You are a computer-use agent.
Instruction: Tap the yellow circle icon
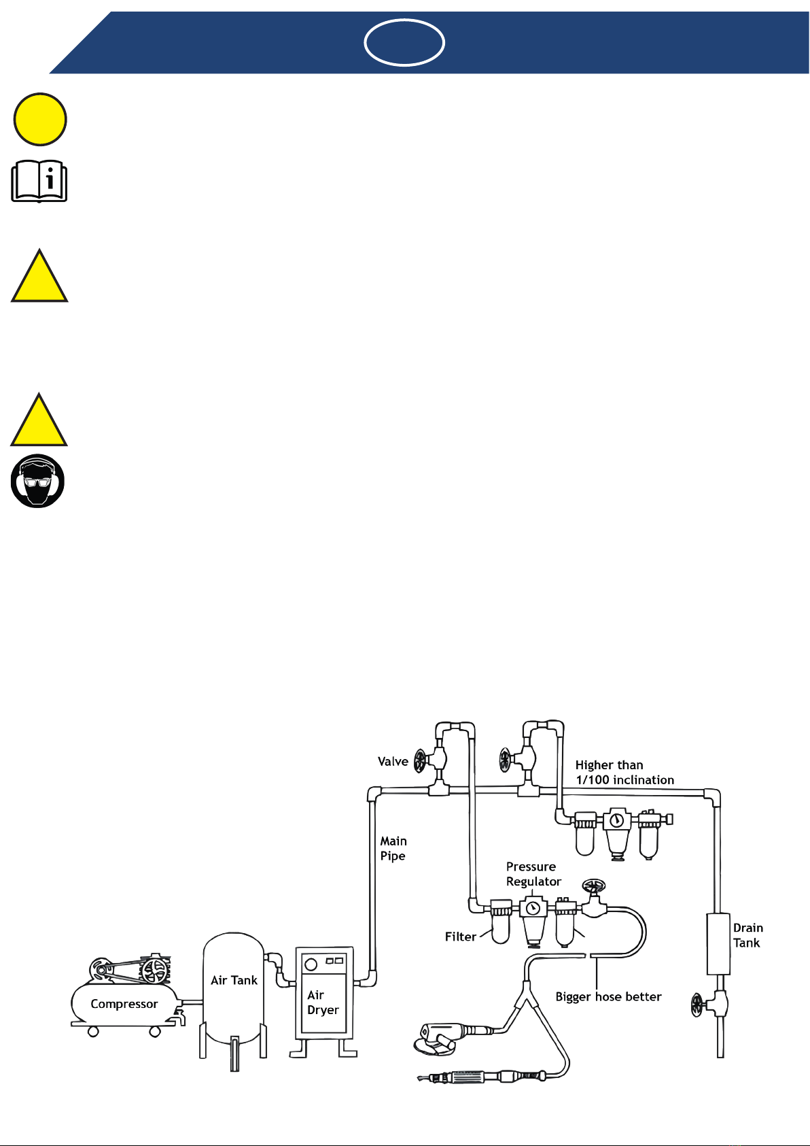click(40, 119)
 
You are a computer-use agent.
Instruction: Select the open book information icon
click(39, 181)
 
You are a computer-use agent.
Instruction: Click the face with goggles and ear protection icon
click(37, 481)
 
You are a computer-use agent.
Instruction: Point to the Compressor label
click(124, 1004)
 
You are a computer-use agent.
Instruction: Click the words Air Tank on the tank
click(234, 980)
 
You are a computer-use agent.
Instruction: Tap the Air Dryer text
click(323, 1002)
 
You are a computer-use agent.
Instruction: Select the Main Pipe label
click(393, 848)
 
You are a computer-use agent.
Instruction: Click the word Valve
click(393, 761)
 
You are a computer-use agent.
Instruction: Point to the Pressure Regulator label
click(533, 874)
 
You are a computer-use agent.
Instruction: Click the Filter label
click(461, 937)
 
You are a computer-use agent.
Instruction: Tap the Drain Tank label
click(747, 935)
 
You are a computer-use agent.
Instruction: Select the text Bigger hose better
click(608, 996)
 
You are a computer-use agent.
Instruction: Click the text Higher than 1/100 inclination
click(624, 772)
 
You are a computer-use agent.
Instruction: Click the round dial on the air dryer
click(311, 965)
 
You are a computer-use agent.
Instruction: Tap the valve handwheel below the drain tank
click(697, 1005)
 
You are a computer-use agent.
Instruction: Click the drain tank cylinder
click(718, 944)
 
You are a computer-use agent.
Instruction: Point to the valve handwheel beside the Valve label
click(420, 761)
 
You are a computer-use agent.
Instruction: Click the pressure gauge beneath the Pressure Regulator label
click(533, 908)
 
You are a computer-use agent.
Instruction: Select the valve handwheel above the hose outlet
click(594, 885)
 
